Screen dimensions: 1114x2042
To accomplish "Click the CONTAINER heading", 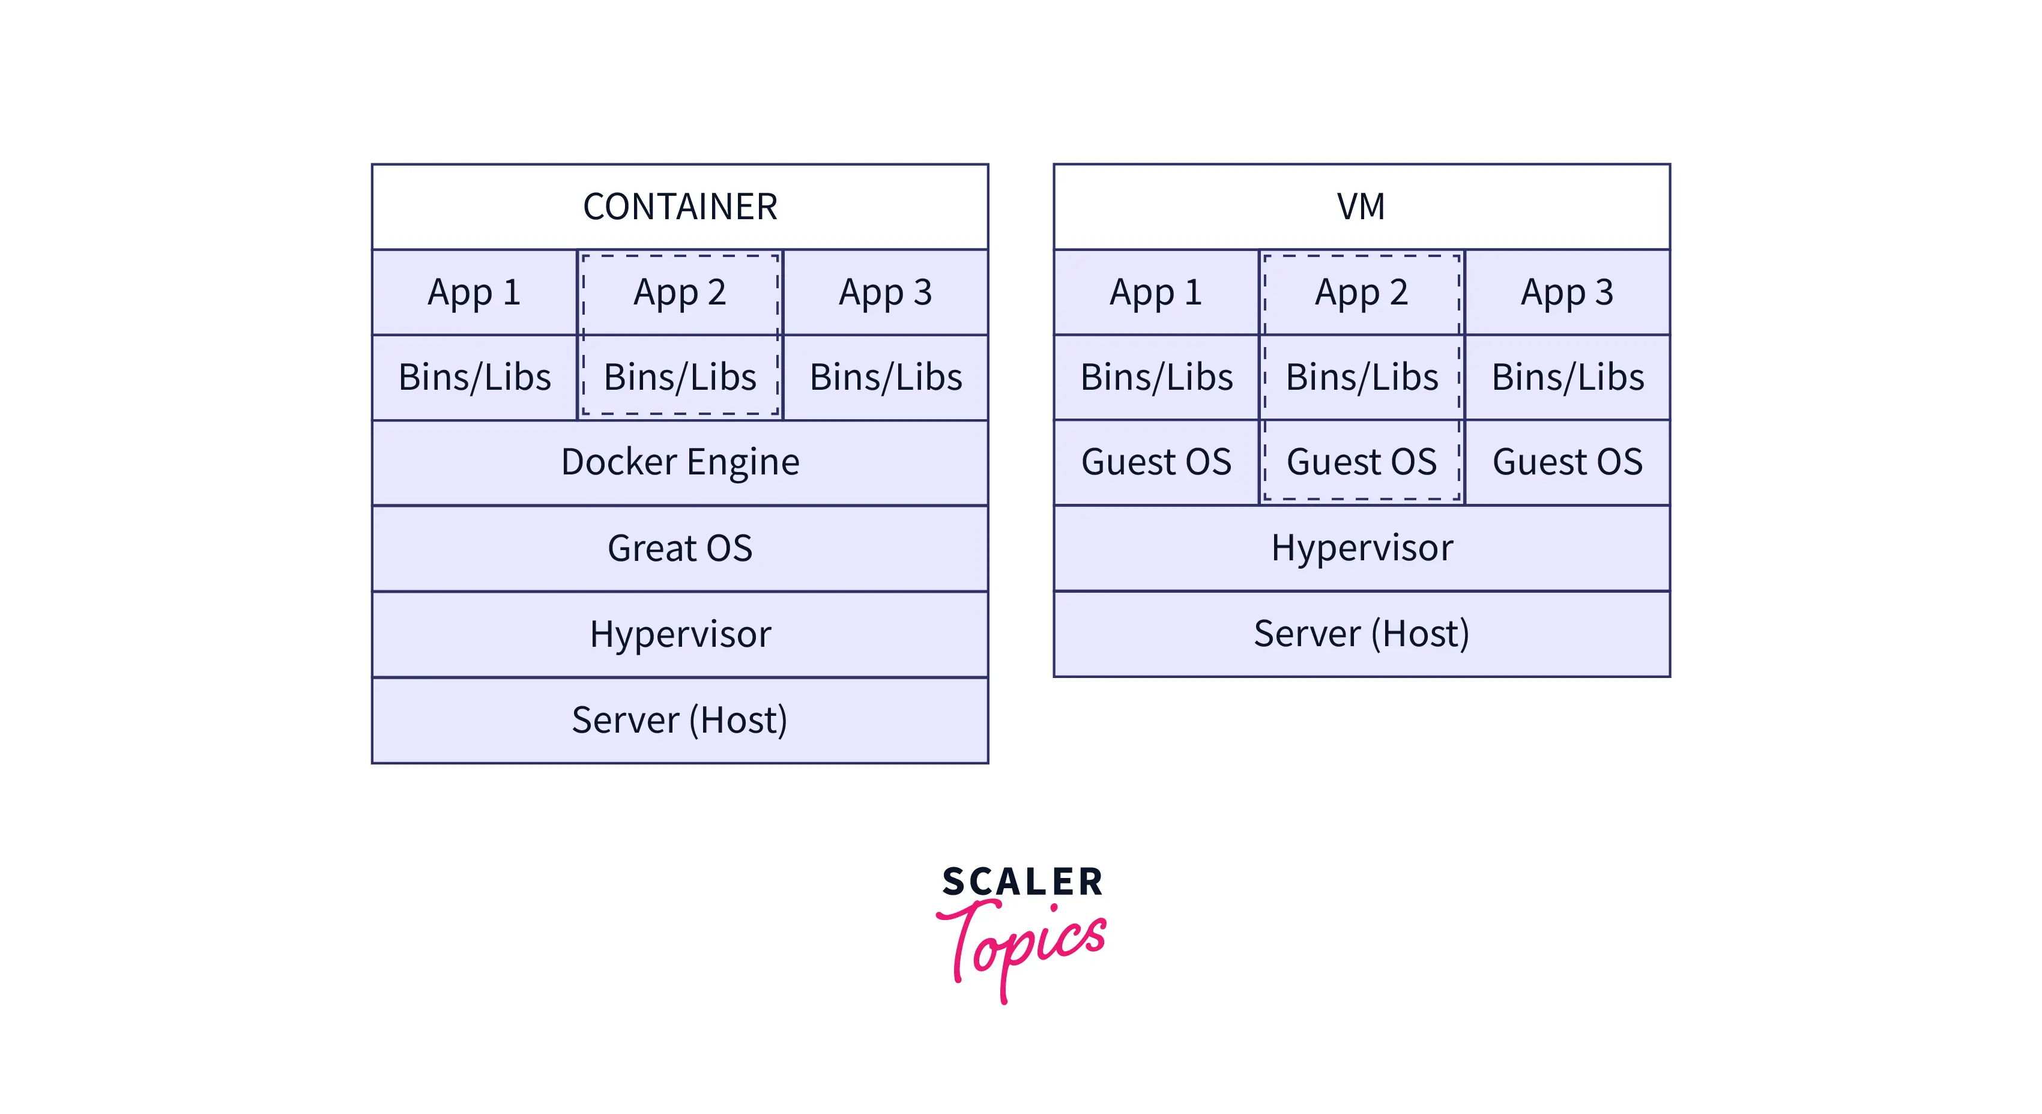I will pos(679,207).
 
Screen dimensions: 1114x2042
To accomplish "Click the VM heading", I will pos(1361,207).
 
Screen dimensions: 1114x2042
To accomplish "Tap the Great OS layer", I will pos(679,548).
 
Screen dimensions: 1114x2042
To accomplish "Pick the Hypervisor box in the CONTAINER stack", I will pos(679,634).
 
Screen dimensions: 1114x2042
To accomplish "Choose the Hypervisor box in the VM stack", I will pos(1361,548).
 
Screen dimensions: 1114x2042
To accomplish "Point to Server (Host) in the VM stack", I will pos(1361,634).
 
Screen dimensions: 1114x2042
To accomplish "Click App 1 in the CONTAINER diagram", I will pos(474,292).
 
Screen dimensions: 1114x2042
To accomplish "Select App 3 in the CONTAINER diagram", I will pos(886,292).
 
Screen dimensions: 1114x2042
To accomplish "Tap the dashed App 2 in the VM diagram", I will pos(1361,292).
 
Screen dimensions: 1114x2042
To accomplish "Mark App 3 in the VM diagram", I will pos(1567,292).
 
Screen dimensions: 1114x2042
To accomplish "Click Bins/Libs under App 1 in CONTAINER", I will pos(474,377).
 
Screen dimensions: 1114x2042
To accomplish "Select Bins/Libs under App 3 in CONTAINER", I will pos(886,377).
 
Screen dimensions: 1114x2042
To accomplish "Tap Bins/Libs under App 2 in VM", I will pos(1361,377).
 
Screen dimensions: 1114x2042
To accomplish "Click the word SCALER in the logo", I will pos(1022,882).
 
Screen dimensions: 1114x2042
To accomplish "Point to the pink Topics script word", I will pos(1023,943).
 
